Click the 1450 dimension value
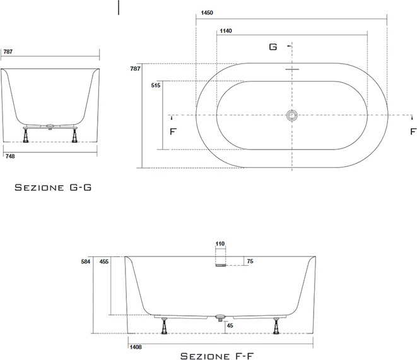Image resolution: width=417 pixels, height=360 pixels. tap(207, 13)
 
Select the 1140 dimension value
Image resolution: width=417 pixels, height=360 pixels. tap(226, 31)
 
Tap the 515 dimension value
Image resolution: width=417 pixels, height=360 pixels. tap(156, 85)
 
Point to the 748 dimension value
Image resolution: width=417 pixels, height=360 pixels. tap(10, 156)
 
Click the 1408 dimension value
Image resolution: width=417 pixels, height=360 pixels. tap(136, 347)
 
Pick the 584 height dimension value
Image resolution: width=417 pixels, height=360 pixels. tap(86, 261)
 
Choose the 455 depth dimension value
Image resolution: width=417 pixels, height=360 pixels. tap(104, 261)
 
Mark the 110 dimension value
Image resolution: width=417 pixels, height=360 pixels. tap(220, 244)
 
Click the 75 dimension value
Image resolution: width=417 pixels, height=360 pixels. tap(250, 261)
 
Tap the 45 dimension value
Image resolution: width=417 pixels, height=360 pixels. tap(230, 325)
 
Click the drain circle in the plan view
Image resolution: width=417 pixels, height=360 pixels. tap(292, 116)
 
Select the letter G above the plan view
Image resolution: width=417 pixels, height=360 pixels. tap(273, 47)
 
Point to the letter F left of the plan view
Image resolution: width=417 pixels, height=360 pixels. tap(173, 131)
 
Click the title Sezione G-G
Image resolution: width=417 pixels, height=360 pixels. tap(53, 188)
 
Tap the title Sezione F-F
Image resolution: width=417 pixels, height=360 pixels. tap(217, 356)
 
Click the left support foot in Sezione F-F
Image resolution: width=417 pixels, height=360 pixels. tap(165, 325)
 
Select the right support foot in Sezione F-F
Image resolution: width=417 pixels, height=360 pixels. tap(276, 325)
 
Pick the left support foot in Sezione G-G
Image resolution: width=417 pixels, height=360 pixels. tap(26, 136)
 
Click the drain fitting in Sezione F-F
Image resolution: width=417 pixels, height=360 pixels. tap(220, 318)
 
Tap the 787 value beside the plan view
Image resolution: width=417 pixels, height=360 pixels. tap(135, 69)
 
